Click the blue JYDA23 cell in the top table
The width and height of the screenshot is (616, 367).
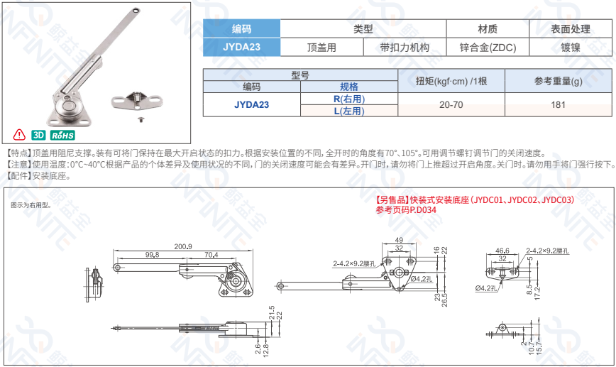click(241, 47)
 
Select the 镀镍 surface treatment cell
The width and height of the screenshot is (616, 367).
click(571, 48)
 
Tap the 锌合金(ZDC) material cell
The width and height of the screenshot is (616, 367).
click(488, 48)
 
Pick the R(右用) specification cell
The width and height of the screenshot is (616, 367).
click(349, 99)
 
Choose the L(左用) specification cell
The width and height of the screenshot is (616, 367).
click(349, 111)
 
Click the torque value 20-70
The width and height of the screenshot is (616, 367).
click(451, 105)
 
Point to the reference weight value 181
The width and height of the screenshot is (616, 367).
click(558, 105)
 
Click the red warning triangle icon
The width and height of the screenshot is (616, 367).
click(19, 135)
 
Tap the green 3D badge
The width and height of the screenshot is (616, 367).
click(38, 135)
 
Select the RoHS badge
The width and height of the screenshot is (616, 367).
click(62, 135)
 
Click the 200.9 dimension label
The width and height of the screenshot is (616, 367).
click(183, 247)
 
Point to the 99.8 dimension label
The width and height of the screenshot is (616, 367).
click(152, 255)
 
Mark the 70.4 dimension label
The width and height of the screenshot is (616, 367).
click(211, 255)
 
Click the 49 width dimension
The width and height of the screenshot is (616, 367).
click(399, 240)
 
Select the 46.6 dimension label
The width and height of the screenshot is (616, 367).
click(502, 251)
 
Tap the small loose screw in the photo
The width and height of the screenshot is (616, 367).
click(141, 119)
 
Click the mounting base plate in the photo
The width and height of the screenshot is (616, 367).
click(137, 100)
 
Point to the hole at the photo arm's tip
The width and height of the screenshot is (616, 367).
click(136, 11)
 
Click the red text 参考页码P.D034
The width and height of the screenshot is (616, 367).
click(406, 210)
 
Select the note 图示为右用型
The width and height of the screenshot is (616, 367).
click(31, 205)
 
